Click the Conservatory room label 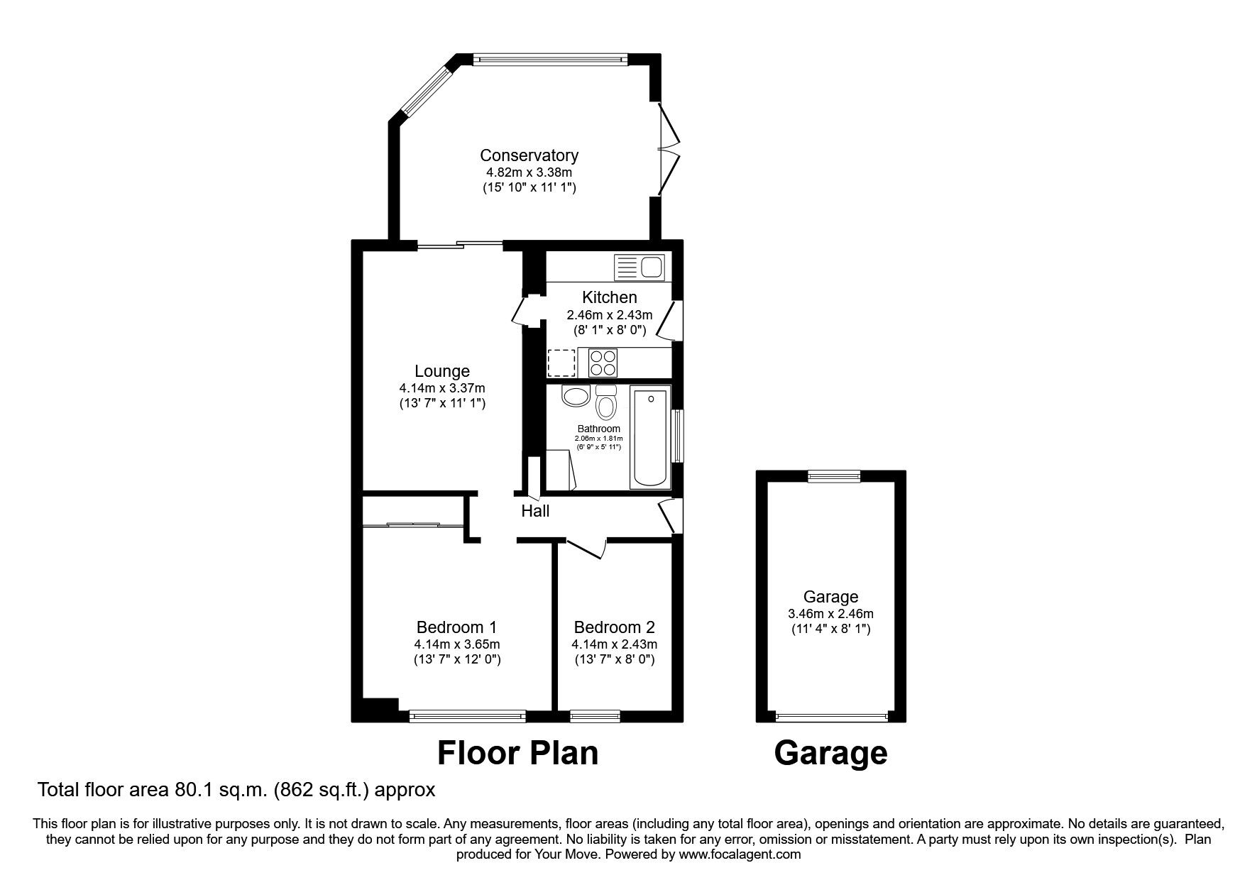(x=529, y=155)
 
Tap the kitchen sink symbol (x=639, y=268)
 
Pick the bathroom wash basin (x=575, y=396)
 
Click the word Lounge (x=442, y=371)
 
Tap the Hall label (x=535, y=511)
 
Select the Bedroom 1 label (x=456, y=627)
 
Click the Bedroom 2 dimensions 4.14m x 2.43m (x=615, y=645)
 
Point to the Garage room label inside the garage (x=830, y=598)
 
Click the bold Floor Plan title (x=517, y=753)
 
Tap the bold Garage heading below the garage (x=830, y=754)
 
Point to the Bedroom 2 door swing (x=586, y=549)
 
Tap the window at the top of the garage (x=833, y=477)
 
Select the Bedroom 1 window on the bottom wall (x=468, y=717)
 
